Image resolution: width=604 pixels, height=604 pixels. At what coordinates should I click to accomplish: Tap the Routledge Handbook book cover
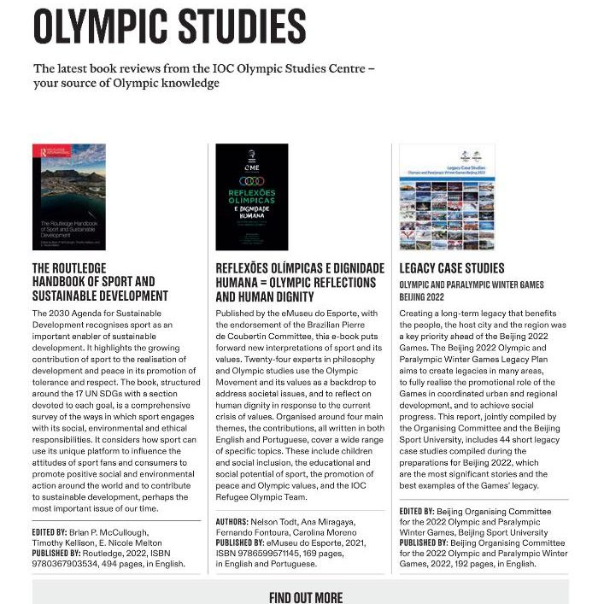point(69,196)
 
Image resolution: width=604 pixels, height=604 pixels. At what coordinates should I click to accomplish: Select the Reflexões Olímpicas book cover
point(252,196)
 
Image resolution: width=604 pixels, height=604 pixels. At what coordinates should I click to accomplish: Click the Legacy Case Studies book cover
point(435,196)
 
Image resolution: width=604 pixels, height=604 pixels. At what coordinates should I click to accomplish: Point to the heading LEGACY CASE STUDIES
point(452,268)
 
